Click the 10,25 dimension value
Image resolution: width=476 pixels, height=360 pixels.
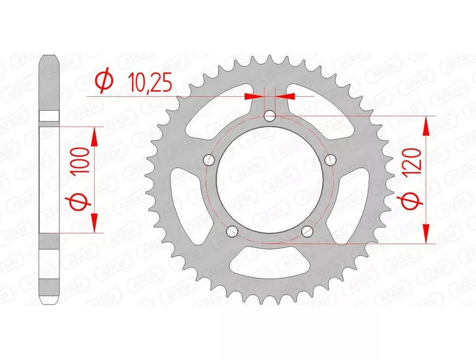point(150,82)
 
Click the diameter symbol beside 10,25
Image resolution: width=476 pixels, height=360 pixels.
point(105,82)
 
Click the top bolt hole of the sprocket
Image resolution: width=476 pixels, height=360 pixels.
point(270,115)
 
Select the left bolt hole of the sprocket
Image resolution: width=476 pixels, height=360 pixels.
point(209,159)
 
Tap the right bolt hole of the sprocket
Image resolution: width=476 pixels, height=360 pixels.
point(330,159)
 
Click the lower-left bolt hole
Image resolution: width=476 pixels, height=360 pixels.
point(232,231)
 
